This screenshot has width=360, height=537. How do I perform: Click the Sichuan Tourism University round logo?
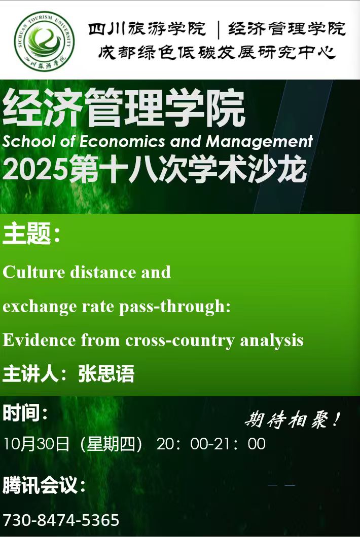pos(44,41)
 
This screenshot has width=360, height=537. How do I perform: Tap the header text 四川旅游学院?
pos(147,28)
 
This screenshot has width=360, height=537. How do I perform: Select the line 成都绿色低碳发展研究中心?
pos(217,52)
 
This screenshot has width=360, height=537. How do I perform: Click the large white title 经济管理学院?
pos(124,108)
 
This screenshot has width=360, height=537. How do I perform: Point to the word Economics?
pos(122,141)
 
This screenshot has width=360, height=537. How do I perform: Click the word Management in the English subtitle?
pos(259,142)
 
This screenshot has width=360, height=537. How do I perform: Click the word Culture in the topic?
pos(34,273)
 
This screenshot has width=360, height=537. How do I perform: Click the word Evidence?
pos(39,340)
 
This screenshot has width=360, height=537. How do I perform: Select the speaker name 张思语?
pos(106,373)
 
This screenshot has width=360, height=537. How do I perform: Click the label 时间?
pos(25,413)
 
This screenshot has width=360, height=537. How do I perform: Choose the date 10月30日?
pos(36,444)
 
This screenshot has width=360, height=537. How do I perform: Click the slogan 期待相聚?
pos(293,419)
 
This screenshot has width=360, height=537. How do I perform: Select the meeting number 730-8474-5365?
pos(61,520)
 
